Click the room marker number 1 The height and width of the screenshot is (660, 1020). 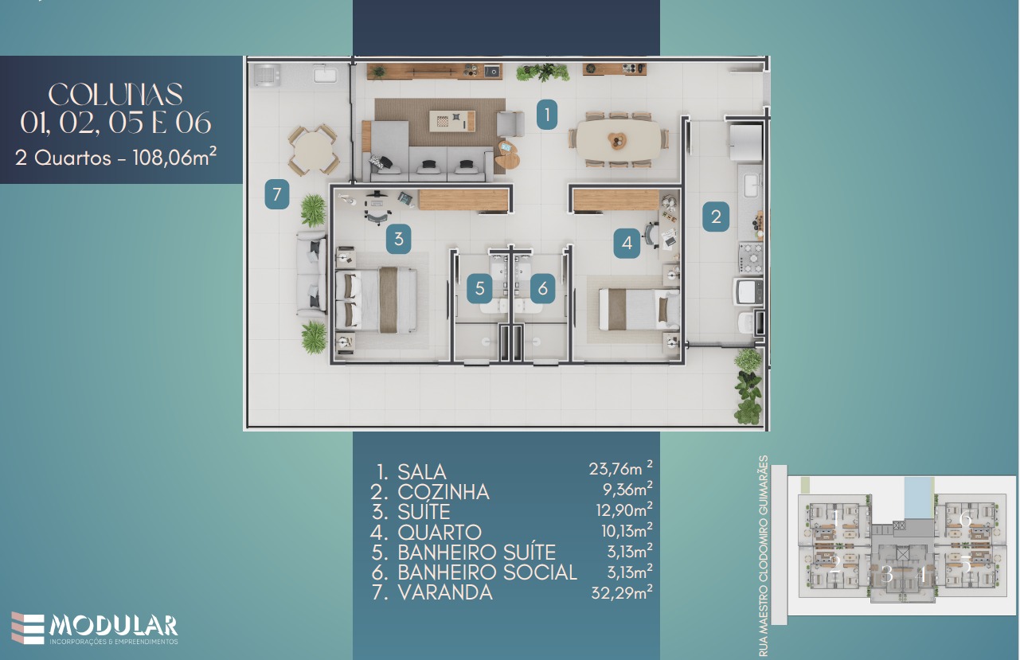pos(546,115)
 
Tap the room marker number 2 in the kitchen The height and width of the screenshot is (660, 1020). pos(716,217)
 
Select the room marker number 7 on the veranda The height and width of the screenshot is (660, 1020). pos(276,194)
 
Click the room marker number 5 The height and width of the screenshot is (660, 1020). pos(479,288)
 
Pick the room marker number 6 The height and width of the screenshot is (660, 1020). pos(542,288)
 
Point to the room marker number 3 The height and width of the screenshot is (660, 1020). pos(398,238)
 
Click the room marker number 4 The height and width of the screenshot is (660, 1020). pos(627,244)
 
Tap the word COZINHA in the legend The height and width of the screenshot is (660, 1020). pos(444,492)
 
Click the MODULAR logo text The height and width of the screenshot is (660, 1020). pos(113,625)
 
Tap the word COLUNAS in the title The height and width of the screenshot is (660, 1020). pos(116,95)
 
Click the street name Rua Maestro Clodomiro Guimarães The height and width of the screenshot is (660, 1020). pos(765,555)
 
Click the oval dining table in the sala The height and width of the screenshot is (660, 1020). pos(619,139)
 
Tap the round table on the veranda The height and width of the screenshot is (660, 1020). pos(313,150)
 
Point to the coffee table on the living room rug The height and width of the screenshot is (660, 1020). pos(452,121)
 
